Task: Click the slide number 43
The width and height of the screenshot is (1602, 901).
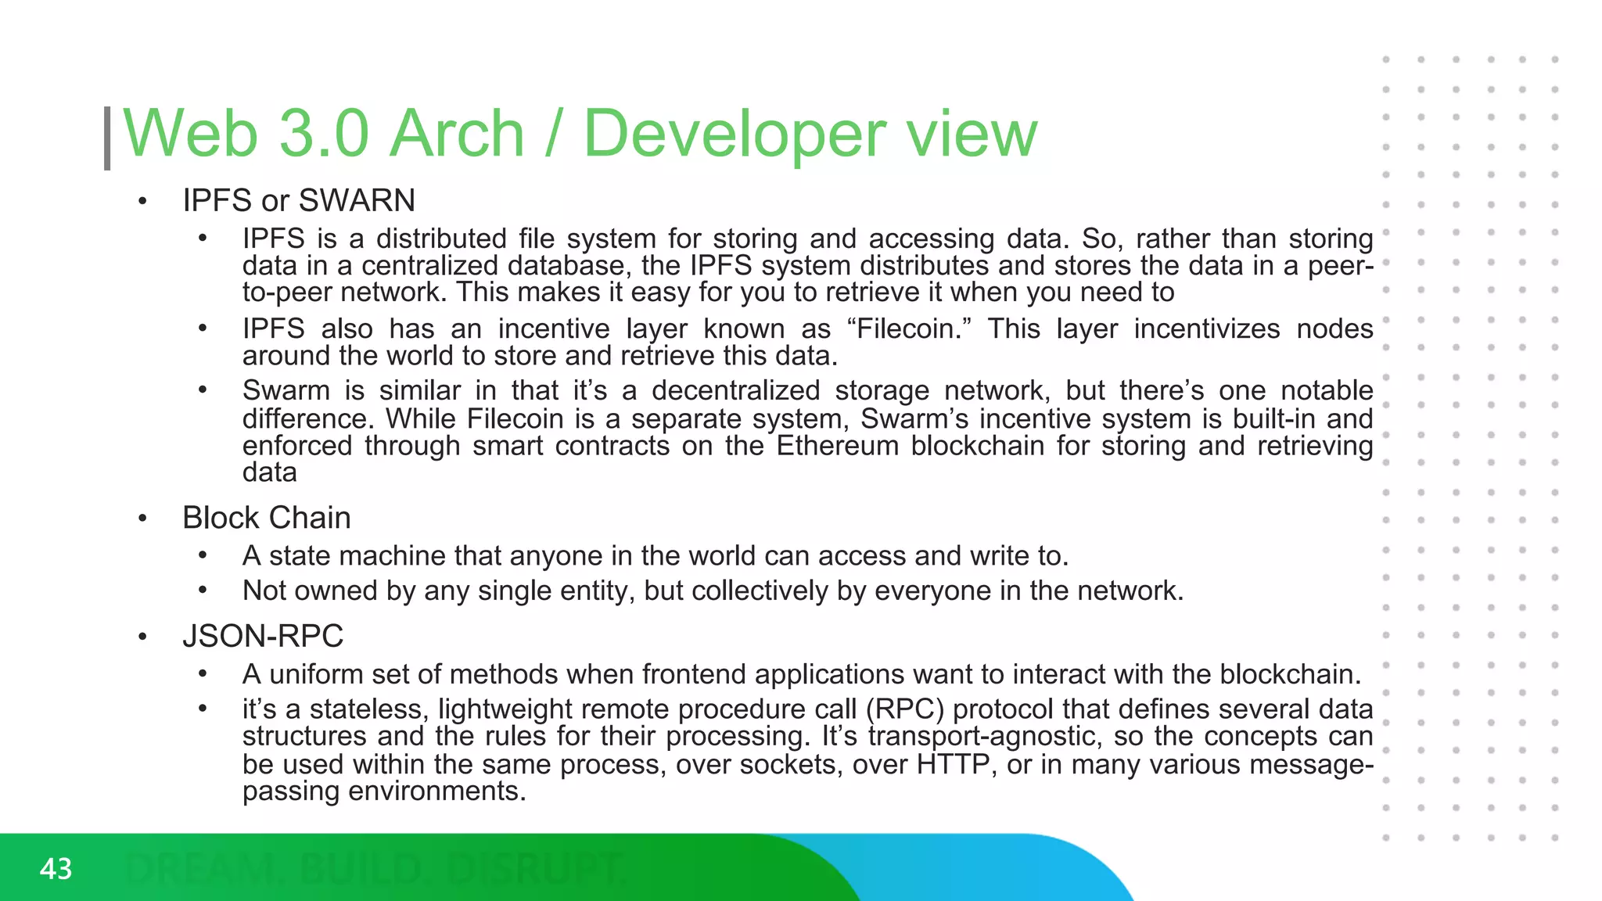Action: click(x=56, y=869)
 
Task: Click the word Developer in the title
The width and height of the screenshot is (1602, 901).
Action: click(x=735, y=134)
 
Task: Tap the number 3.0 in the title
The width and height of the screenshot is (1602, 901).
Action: click(x=323, y=134)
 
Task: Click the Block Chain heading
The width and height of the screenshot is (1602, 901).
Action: click(x=266, y=518)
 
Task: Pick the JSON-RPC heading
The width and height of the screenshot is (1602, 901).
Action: click(x=263, y=636)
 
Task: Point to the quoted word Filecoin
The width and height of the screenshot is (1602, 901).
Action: click(x=907, y=328)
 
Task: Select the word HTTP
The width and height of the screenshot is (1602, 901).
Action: click(x=953, y=763)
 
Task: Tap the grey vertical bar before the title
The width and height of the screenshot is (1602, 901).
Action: click(x=107, y=138)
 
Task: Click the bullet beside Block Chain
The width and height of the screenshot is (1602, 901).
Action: click(x=142, y=519)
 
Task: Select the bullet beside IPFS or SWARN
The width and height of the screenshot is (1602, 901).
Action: click(x=142, y=202)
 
